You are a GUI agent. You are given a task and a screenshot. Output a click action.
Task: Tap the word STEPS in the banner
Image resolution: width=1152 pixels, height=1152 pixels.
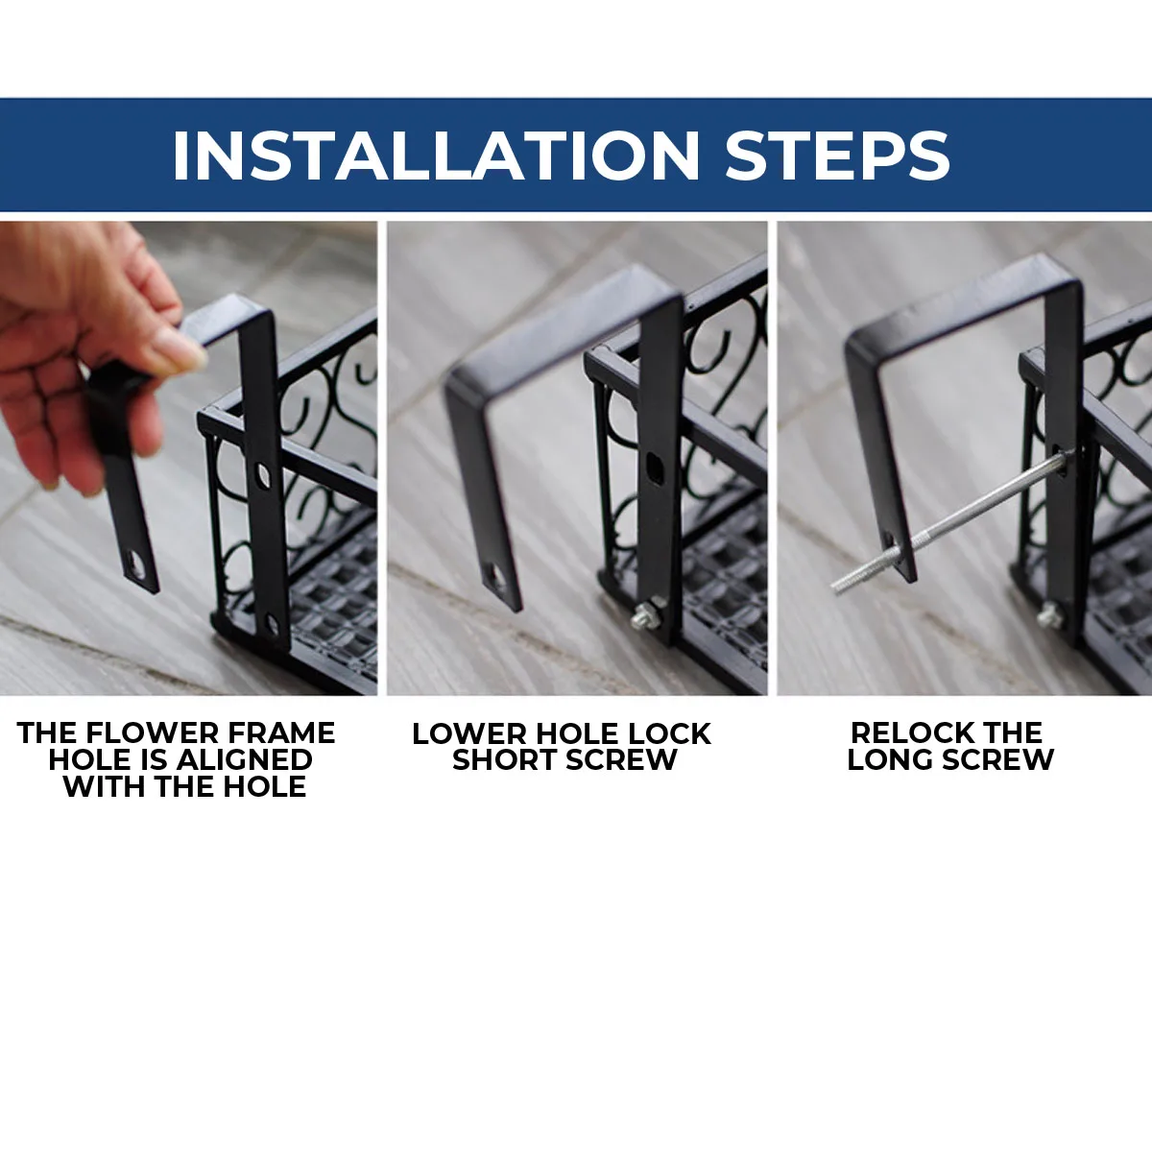(x=837, y=155)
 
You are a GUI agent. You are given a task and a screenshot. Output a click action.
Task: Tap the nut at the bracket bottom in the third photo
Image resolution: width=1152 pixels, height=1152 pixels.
(x=1050, y=615)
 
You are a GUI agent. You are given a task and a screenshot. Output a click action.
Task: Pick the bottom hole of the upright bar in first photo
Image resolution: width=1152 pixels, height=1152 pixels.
(x=272, y=624)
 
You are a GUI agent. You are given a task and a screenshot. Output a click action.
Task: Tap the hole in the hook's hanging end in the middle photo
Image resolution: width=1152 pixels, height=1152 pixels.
(x=495, y=577)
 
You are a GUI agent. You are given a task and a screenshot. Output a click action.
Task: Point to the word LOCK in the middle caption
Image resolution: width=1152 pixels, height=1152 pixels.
(x=669, y=733)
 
